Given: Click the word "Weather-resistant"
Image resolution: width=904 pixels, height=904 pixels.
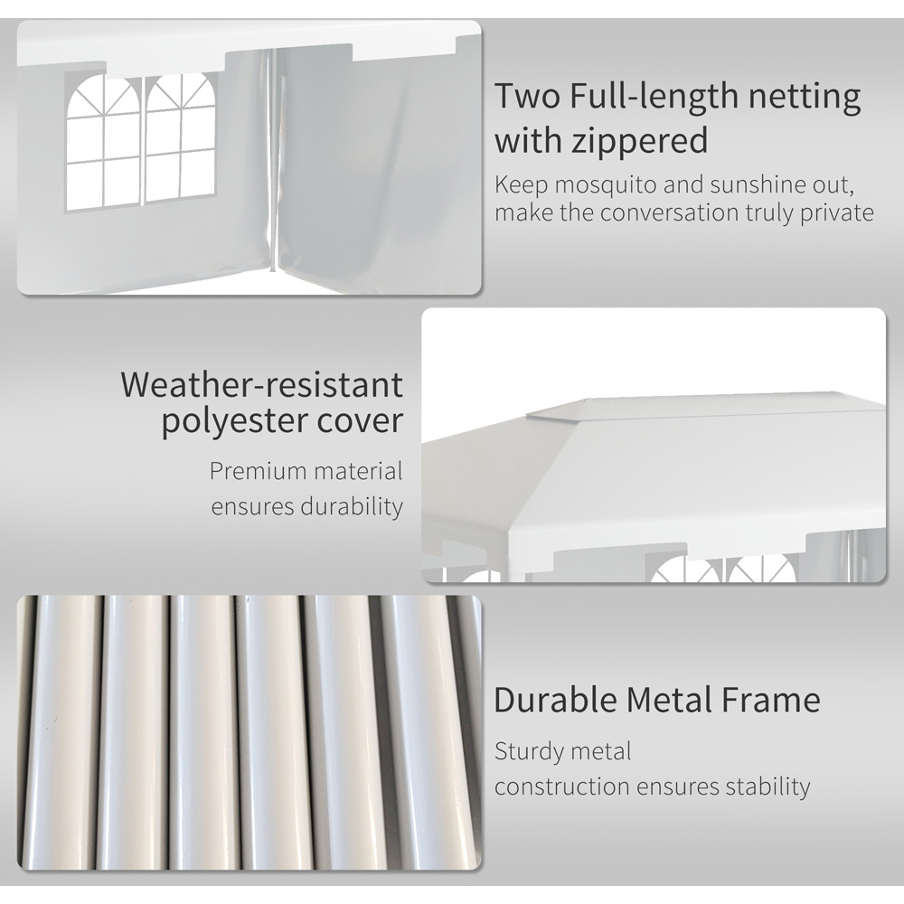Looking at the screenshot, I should [262, 385].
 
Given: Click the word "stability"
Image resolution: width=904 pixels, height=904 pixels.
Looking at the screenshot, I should [767, 786].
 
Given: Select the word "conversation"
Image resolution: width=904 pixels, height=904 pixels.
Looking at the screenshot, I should [683, 213].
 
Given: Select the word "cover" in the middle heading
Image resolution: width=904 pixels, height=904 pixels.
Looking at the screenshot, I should [360, 422].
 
